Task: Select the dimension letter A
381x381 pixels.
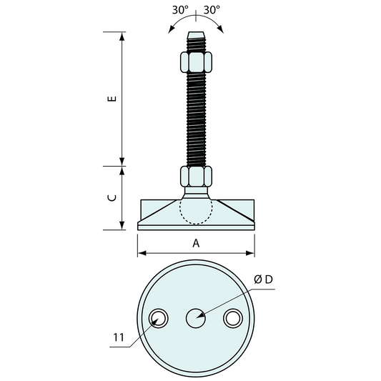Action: pyautogui.click(x=196, y=242)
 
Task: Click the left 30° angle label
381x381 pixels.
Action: pyautogui.click(x=180, y=11)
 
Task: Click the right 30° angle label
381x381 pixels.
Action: pyautogui.click(x=212, y=11)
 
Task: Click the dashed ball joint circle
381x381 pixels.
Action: pyautogui.click(x=196, y=209)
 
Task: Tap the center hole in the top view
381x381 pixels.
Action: pyautogui.click(x=196, y=318)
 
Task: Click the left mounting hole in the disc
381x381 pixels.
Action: pyautogui.click(x=159, y=318)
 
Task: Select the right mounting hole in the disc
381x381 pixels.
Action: pyautogui.click(x=233, y=318)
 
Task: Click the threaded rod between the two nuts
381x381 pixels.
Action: pyautogui.click(x=196, y=118)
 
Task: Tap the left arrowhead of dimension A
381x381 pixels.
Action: pyautogui.click(x=141, y=252)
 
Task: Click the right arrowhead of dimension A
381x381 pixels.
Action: pyautogui.click(x=251, y=252)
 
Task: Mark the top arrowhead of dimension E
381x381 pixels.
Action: pyautogui.click(x=122, y=36)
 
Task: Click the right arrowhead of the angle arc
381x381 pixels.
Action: pyautogui.click(x=221, y=29)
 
